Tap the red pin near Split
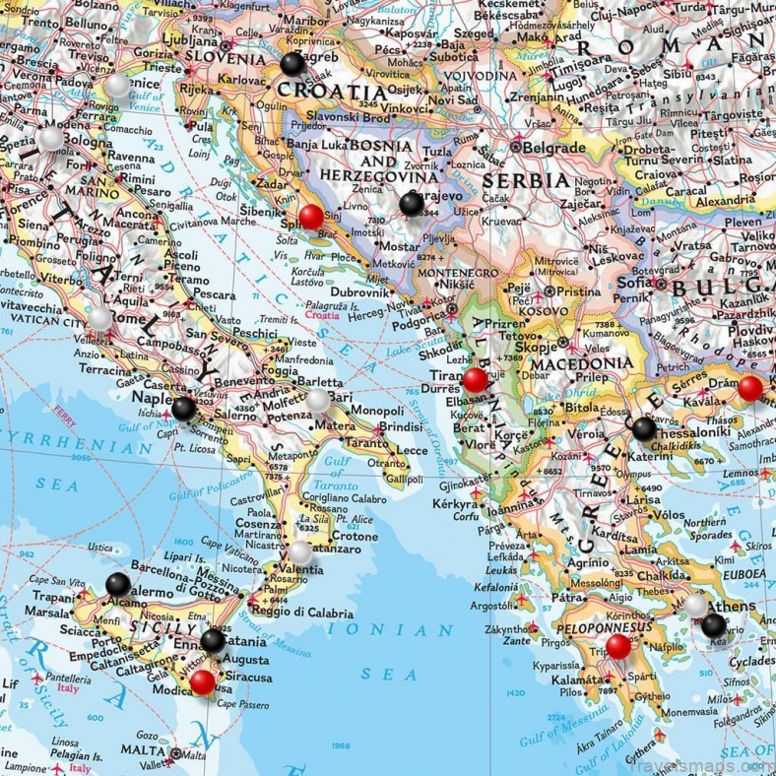click(x=310, y=217)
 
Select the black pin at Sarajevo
click(x=411, y=204)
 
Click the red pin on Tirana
click(x=475, y=380)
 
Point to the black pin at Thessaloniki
click(x=643, y=428)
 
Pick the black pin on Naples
click(x=183, y=408)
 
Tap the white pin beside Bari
click(x=317, y=400)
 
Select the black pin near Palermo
click(x=118, y=584)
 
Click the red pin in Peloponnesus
click(x=618, y=647)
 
